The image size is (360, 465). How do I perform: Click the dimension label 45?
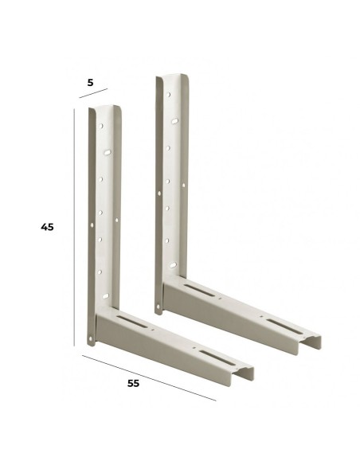pos(48,227)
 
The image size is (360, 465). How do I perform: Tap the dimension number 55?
pos(133,383)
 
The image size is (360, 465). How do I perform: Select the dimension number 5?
pos(90,83)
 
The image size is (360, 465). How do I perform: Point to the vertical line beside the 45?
pos(74,227)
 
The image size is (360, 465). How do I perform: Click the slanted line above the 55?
pos(149,377)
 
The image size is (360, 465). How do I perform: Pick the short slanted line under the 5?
pos(93,93)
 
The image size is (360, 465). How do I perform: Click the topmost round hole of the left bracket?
pos(101,126)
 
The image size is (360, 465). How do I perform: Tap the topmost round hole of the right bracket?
pos(168,95)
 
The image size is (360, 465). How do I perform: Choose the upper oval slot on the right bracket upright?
pos(174,121)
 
